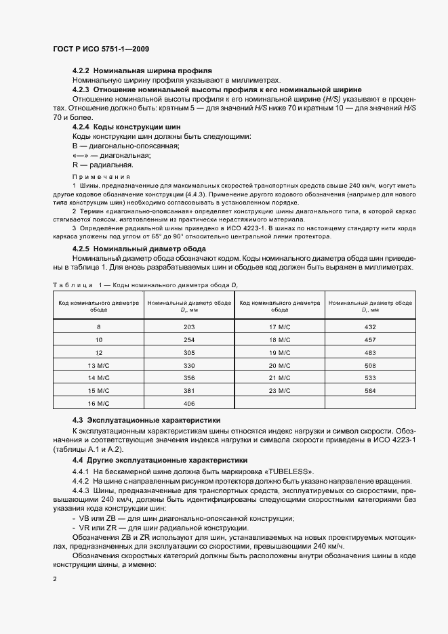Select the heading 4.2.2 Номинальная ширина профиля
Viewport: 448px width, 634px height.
(x=142, y=70)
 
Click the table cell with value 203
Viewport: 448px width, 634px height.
(x=188, y=327)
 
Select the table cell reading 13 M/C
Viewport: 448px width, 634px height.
(x=98, y=365)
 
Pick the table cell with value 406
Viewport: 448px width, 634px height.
(x=188, y=404)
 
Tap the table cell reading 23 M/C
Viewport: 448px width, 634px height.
(x=279, y=391)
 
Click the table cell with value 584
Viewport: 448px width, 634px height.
(x=370, y=391)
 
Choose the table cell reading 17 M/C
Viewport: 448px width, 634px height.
(x=279, y=327)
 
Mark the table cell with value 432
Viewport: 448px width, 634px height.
(x=370, y=327)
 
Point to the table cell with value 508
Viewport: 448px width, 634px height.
(x=370, y=365)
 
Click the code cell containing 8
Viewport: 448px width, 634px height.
(x=98, y=327)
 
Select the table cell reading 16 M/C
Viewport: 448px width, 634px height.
(x=98, y=404)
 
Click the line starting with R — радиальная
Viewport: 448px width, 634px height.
(x=102, y=165)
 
